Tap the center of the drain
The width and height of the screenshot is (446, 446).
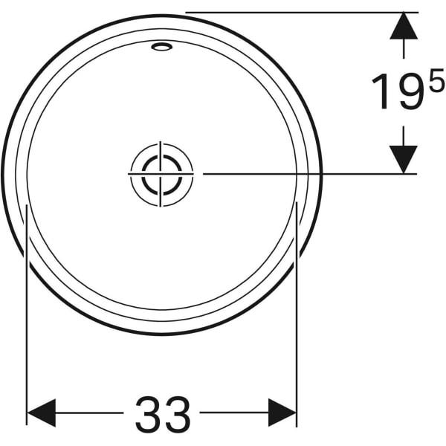[x=161, y=173]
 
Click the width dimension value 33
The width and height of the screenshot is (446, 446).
[x=163, y=413]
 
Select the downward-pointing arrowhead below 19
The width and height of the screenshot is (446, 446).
[x=404, y=158]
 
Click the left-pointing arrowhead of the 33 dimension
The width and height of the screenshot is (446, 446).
[x=42, y=413]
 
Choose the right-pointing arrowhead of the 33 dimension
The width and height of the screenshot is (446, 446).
[x=282, y=413]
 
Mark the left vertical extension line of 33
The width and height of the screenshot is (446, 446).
[x=27, y=312]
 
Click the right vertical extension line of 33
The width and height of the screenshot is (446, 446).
[x=297, y=312]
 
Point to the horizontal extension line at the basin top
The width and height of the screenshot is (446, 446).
[x=297, y=13]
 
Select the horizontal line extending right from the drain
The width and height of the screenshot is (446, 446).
[x=297, y=173]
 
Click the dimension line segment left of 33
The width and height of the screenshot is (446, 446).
[x=89, y=413]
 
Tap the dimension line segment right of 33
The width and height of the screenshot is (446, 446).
[x=234, y=413]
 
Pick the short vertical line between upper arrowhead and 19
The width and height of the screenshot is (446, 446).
[x=404, y=49]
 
